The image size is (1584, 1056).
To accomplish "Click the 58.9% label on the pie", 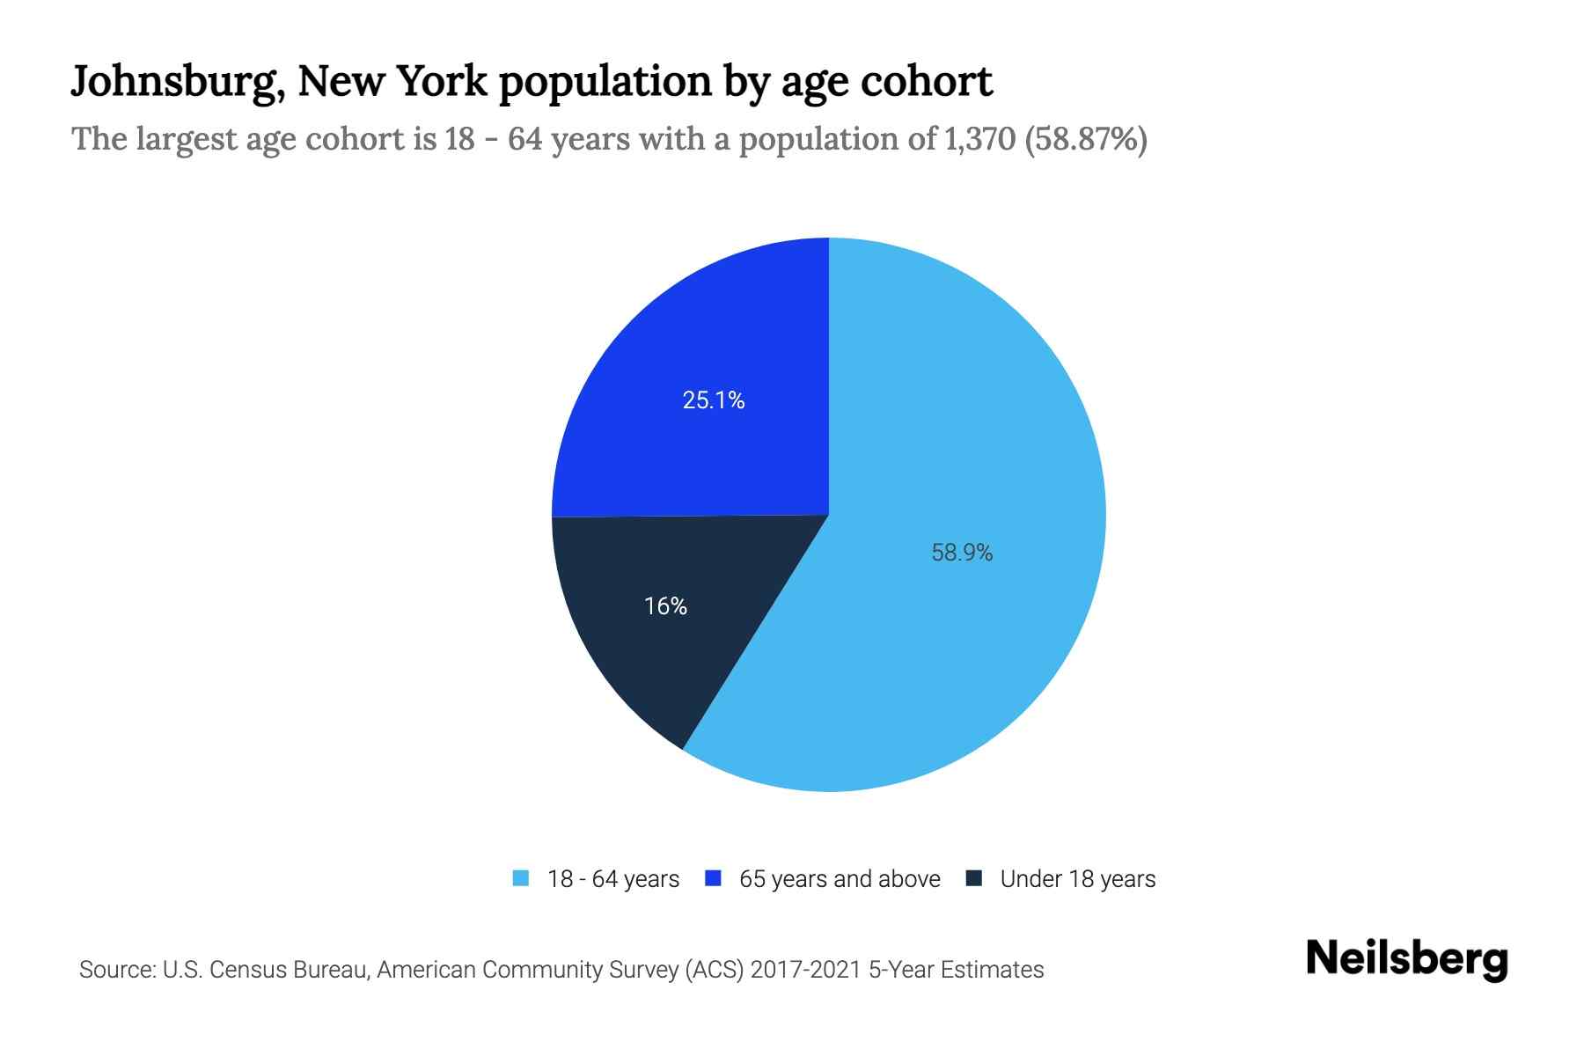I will [x=962, y=553].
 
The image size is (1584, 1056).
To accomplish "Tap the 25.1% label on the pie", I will [x=714, y=400].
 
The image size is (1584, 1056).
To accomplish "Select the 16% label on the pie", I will [x=665, y=606].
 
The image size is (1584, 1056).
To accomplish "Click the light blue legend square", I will [x=521, y=878].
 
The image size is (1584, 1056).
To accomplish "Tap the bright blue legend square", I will [x=714, y=878].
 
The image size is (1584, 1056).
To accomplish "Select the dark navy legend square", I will [x=974, y=878].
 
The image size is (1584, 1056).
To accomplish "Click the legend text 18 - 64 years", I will [x=613, y=879].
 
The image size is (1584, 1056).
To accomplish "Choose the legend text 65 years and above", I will [x=840, y=879].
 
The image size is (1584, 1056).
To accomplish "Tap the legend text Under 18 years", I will [x=1078, y=879].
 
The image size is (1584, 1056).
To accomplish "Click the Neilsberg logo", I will [x=1407, y=959].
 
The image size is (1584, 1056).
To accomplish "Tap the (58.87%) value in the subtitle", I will [x=1086, y=139].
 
